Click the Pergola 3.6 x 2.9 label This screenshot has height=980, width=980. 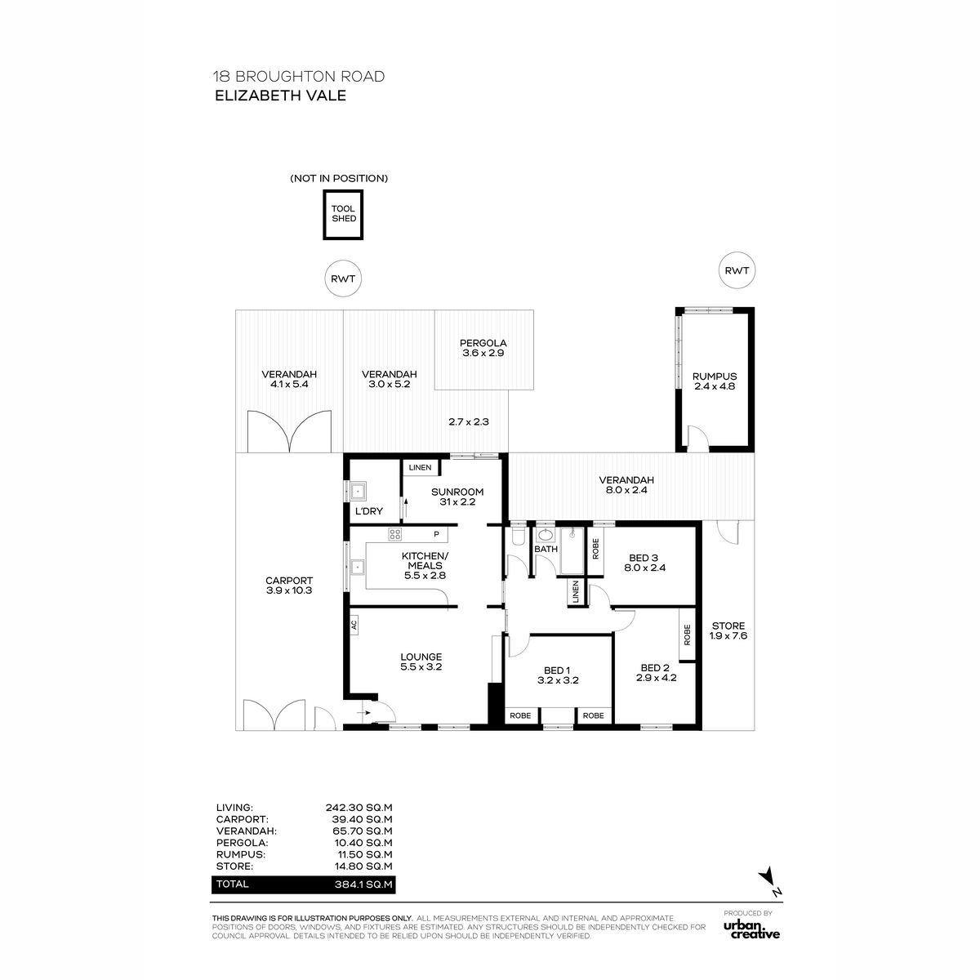(x=483, y=348)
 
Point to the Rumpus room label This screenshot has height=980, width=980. (x=714, y=381)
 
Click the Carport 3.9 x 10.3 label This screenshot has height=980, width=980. (x=289, y=586)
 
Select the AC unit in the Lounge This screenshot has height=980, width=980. (x=354, y=625)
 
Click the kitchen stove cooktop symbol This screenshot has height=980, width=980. (x=395, y=534)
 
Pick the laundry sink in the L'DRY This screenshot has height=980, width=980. (x=358, y=492)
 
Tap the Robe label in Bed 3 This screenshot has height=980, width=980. (x=595, y=549)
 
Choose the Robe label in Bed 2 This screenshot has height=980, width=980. (x=687, y=635)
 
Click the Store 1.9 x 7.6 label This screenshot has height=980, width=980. (x=728, y=630)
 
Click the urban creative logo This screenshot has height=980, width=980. (x=751, y=929)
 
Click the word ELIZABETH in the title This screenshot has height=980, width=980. (x=258, y=96)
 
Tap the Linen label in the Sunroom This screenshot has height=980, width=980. (x=420, y=467)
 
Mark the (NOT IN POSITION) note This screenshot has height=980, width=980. (x=339, y=179)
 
